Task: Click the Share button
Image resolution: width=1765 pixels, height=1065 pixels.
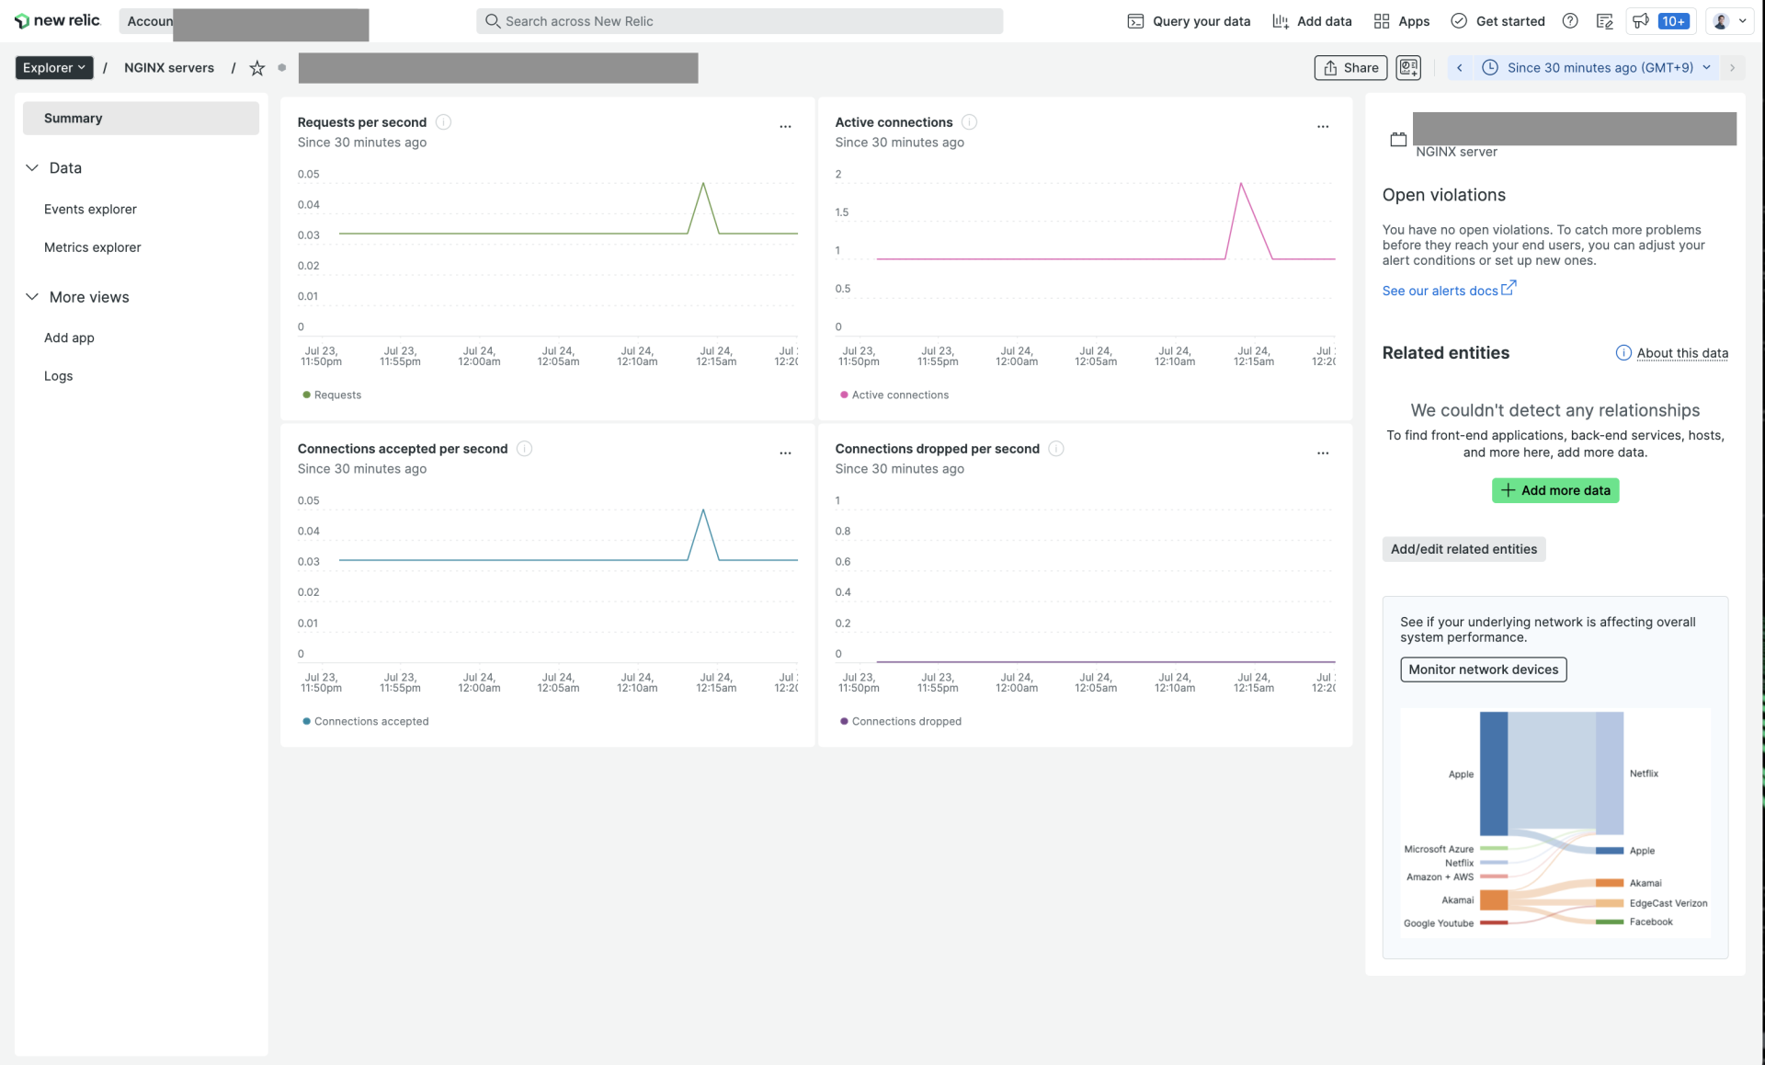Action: pyautogui.click(x=1350, y=68)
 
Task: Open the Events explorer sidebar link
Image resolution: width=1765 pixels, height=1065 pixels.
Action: pyautogui.click(x=90, y=210)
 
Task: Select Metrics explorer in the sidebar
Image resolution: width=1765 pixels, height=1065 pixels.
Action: pyautogui.click(x=92, y=247)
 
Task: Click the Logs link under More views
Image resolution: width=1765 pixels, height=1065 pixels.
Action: pyautogui.click(x=58, y=376)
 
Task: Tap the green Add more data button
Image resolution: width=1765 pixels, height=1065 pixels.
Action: pyautogui.click(x=1554, y=491)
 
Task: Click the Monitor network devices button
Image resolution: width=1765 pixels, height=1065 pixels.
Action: pyautogui.click(x=1483, y=670)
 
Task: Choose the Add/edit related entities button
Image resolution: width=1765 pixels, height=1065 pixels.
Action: pyautogui.click(x=1463, y=549)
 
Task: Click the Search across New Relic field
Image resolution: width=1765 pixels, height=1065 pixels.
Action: pyautogui.click(x=739, y=21)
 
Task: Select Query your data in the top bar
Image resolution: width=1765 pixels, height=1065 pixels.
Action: pyautogui.click(x=1189, y=21)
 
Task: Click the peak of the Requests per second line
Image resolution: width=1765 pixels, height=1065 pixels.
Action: pyautogui.click(x=703, y=184)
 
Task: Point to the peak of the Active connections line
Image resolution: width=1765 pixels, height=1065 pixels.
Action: pyautogui.click(x=1241, y=184)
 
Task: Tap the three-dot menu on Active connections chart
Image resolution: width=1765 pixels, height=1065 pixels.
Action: pyautogui.click(x=1322, y=127)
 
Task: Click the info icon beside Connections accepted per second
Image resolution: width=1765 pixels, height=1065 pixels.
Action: pyautogui.click(x=524, y=449)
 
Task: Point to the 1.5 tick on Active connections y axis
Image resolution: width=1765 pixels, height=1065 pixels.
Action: pyautogui.click(x=841, y=212)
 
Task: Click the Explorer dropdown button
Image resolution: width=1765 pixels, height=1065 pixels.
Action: pyautogui.click(x=53, y=68)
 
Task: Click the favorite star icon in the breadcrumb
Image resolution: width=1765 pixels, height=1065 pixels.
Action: pyautogui.click(x=257, y=68)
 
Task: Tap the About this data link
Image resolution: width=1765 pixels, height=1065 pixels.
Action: pyautogui.click(x=1681, y=353)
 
